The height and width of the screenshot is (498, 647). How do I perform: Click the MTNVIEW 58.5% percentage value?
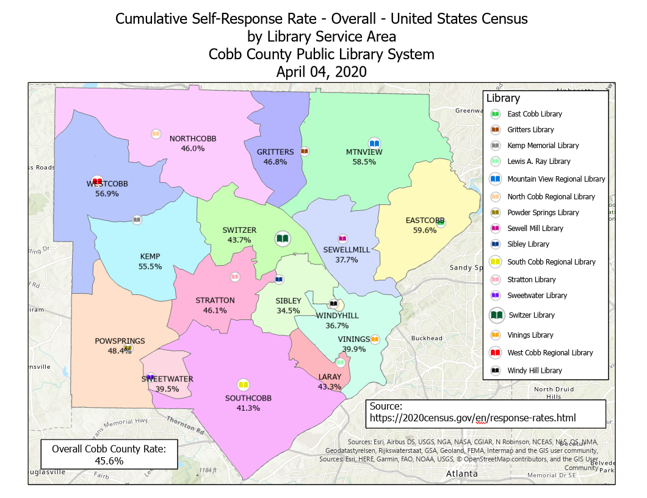(x=364, y=162)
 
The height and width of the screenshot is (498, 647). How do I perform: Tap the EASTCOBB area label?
(x=421, y=221)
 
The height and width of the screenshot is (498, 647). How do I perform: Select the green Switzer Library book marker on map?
(x=282, y=240)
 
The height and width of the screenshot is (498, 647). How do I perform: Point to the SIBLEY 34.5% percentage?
(x=288, y=310)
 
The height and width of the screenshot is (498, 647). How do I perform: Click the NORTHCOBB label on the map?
(x=193, y=138)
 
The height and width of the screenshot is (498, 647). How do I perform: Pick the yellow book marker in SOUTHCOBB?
(x=243, y=385)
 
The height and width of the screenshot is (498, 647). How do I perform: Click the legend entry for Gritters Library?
(x=530, y=130)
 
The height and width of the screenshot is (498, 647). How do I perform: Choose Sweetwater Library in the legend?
(x=537, y=296)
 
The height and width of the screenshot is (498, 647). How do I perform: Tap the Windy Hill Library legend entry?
(x=535, y=371)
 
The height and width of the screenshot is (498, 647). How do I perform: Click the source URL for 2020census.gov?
(x=472, y=418)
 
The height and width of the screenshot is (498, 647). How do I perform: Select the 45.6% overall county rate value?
(x=109, y=461)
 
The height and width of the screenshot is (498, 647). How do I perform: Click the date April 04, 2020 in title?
(x=321, y=71)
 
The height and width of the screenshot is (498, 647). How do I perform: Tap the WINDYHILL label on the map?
(x=337, y=315)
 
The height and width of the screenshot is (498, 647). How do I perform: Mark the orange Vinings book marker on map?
(x=375, y=339)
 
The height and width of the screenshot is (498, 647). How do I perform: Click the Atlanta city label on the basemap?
(x=461, y=474)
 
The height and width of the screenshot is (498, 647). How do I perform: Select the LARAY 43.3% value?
(x=330, y=387)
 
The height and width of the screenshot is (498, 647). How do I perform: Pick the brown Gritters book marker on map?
(x=305, y=151)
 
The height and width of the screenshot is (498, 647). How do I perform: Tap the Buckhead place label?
(x=427, y=338)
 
